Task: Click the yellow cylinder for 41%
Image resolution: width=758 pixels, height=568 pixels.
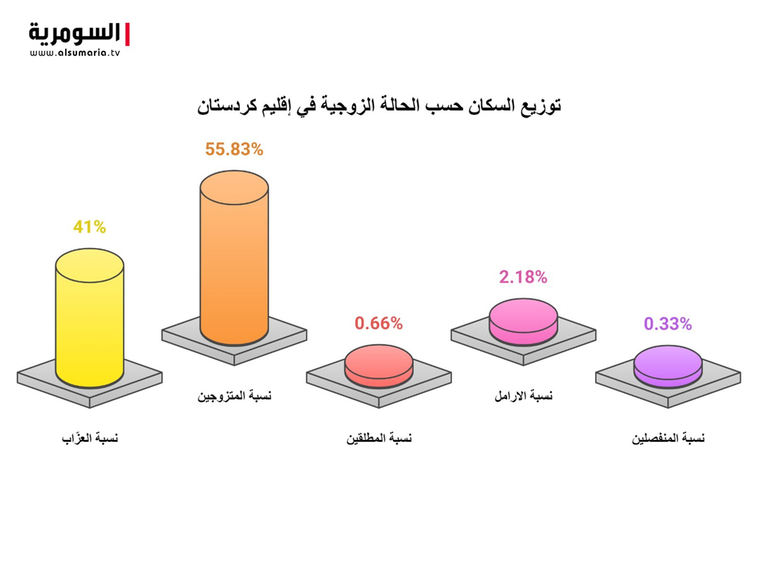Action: pos(90,318)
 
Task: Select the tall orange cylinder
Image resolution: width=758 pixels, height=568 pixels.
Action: pos(234,257)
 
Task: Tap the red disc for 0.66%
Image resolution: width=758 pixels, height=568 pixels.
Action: pos(379,366)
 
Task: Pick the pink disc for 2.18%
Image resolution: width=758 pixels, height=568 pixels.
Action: pos(524,322)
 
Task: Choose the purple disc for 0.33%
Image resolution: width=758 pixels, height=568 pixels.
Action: pos(668,367)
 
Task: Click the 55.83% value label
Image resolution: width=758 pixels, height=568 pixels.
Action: pos(234,150)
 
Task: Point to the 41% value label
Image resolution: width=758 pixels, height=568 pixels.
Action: pos(90,227)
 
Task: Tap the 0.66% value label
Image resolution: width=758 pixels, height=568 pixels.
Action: pos(379,324)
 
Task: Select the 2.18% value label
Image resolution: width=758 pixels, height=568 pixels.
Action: pos(523,277)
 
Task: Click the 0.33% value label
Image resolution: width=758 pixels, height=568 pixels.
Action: pos(668,324)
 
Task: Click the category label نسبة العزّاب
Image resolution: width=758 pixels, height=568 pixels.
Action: pos(90,438)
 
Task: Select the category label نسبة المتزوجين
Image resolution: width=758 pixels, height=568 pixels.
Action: pos(234,396)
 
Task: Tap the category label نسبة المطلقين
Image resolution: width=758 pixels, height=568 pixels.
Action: pos(379,439)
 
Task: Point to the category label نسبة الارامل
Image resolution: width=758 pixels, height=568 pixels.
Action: pos(524,396)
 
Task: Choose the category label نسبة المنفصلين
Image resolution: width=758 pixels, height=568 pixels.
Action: pos(668,439)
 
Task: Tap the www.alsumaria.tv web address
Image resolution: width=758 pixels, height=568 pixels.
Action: pos(75,53)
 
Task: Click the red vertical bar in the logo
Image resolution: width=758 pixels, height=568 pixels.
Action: pos(127,34)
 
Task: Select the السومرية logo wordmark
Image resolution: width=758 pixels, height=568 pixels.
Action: pos(75,34)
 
